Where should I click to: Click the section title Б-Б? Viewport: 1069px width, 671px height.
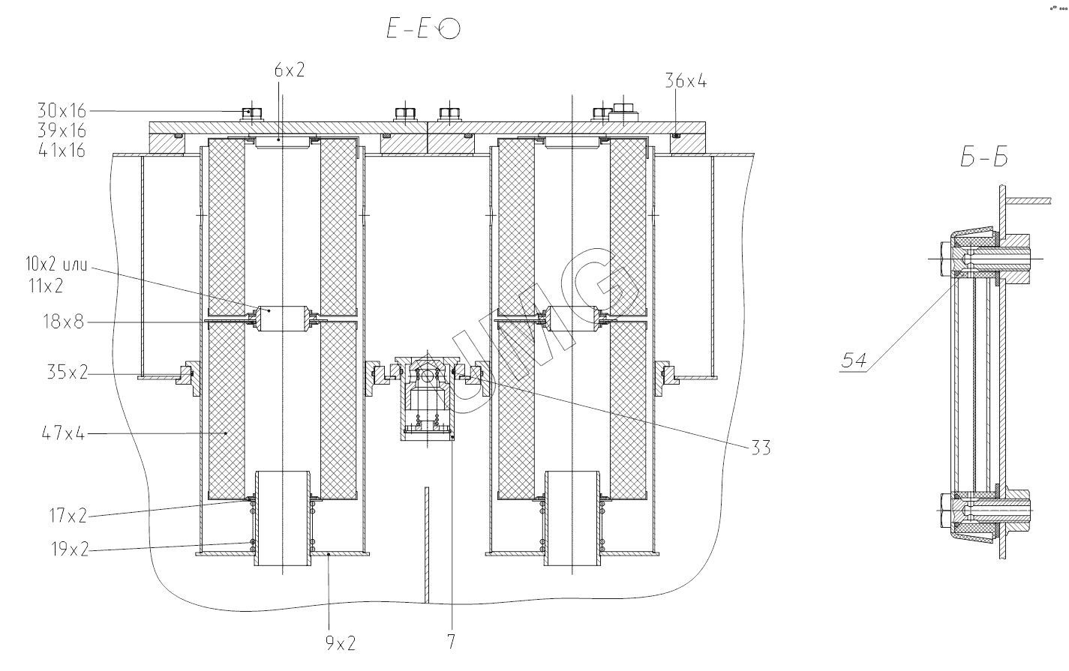pos(983,158)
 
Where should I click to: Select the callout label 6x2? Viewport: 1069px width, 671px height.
pos(290,70)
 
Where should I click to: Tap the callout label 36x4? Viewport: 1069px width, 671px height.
pos(686,81)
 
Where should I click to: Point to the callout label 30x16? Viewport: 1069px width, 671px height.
pos(62,111)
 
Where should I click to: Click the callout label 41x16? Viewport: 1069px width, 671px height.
pos(62,151)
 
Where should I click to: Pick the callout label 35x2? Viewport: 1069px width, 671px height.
pos(66,372)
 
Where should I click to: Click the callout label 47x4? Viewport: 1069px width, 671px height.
pos(65,433)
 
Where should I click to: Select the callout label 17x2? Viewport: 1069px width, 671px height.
pos(66,515)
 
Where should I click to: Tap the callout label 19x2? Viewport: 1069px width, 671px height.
pos(66,550)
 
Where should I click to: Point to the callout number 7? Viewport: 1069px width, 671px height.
pos(451,643)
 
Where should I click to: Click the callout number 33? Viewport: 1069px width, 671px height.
pos(760,448)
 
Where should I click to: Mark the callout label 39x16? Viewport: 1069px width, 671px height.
pos(62,130)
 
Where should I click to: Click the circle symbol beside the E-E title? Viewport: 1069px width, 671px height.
pos(451,29)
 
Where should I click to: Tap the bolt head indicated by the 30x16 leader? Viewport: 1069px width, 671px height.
pos(251,114)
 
